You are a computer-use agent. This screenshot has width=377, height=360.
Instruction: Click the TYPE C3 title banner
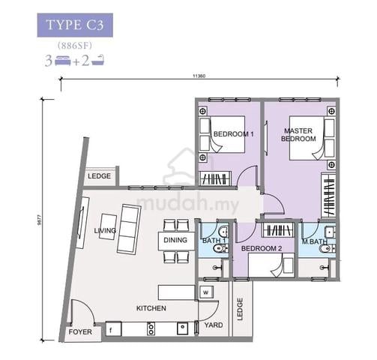tap(75, 25)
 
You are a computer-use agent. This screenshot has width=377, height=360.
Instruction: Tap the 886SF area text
tap(75, 46)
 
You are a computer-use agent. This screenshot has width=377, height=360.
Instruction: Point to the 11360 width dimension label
tap(199, 76)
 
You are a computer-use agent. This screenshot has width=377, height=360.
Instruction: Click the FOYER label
tap(80, 332)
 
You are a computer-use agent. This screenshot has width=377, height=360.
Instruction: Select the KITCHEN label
tap(151, 308)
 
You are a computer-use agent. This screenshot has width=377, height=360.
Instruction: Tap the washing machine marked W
tap(206, 292)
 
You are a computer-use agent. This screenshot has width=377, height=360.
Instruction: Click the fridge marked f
tap(113, 329)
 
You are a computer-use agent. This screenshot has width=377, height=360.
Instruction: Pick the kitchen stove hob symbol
tap(151, 328)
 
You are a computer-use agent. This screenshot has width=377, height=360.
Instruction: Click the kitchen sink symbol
tap(183, 328)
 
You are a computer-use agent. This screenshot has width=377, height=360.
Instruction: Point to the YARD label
tap(214, 325)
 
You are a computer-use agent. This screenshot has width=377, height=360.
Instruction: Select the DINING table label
tap(175, 240)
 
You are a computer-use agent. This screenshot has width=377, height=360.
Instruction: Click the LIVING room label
tap(105, 230)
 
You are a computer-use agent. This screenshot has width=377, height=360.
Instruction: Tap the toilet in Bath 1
tap(220, 248)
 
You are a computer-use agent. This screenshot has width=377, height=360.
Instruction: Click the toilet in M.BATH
tap(327, 249)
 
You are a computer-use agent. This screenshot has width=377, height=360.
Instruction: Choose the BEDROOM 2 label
tap(262, 248)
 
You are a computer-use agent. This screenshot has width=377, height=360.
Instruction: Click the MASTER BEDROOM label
tap(298, 134)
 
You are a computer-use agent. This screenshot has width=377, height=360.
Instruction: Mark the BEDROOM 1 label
tap(234, 134)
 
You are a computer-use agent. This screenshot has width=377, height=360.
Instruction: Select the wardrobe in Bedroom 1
tap(215, 178)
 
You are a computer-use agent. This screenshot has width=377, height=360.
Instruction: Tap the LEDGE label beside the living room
tap(99, 176)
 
